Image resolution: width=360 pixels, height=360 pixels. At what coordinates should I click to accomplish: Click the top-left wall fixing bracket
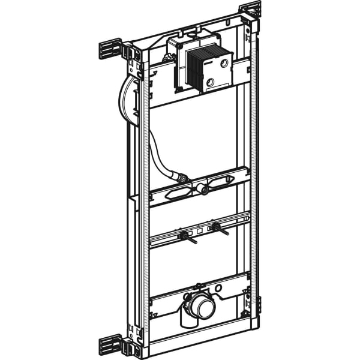click(110, 49)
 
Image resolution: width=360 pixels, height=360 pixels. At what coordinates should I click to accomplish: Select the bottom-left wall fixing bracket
click(111, 345)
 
